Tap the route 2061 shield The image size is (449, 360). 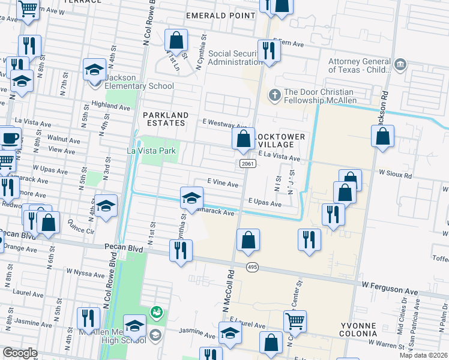tap(245, 164)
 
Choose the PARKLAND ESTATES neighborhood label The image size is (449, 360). tap(165, 119)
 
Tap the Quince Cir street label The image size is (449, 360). tap(82, 229)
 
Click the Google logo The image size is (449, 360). tap(20, 352)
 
